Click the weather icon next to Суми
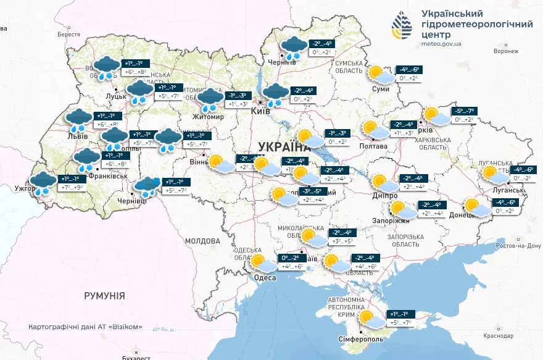[379, 75]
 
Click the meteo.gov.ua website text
[441, 44]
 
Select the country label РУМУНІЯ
[104, 296]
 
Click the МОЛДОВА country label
[202, 240]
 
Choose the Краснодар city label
[499, 336]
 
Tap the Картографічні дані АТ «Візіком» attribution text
[85, 327]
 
